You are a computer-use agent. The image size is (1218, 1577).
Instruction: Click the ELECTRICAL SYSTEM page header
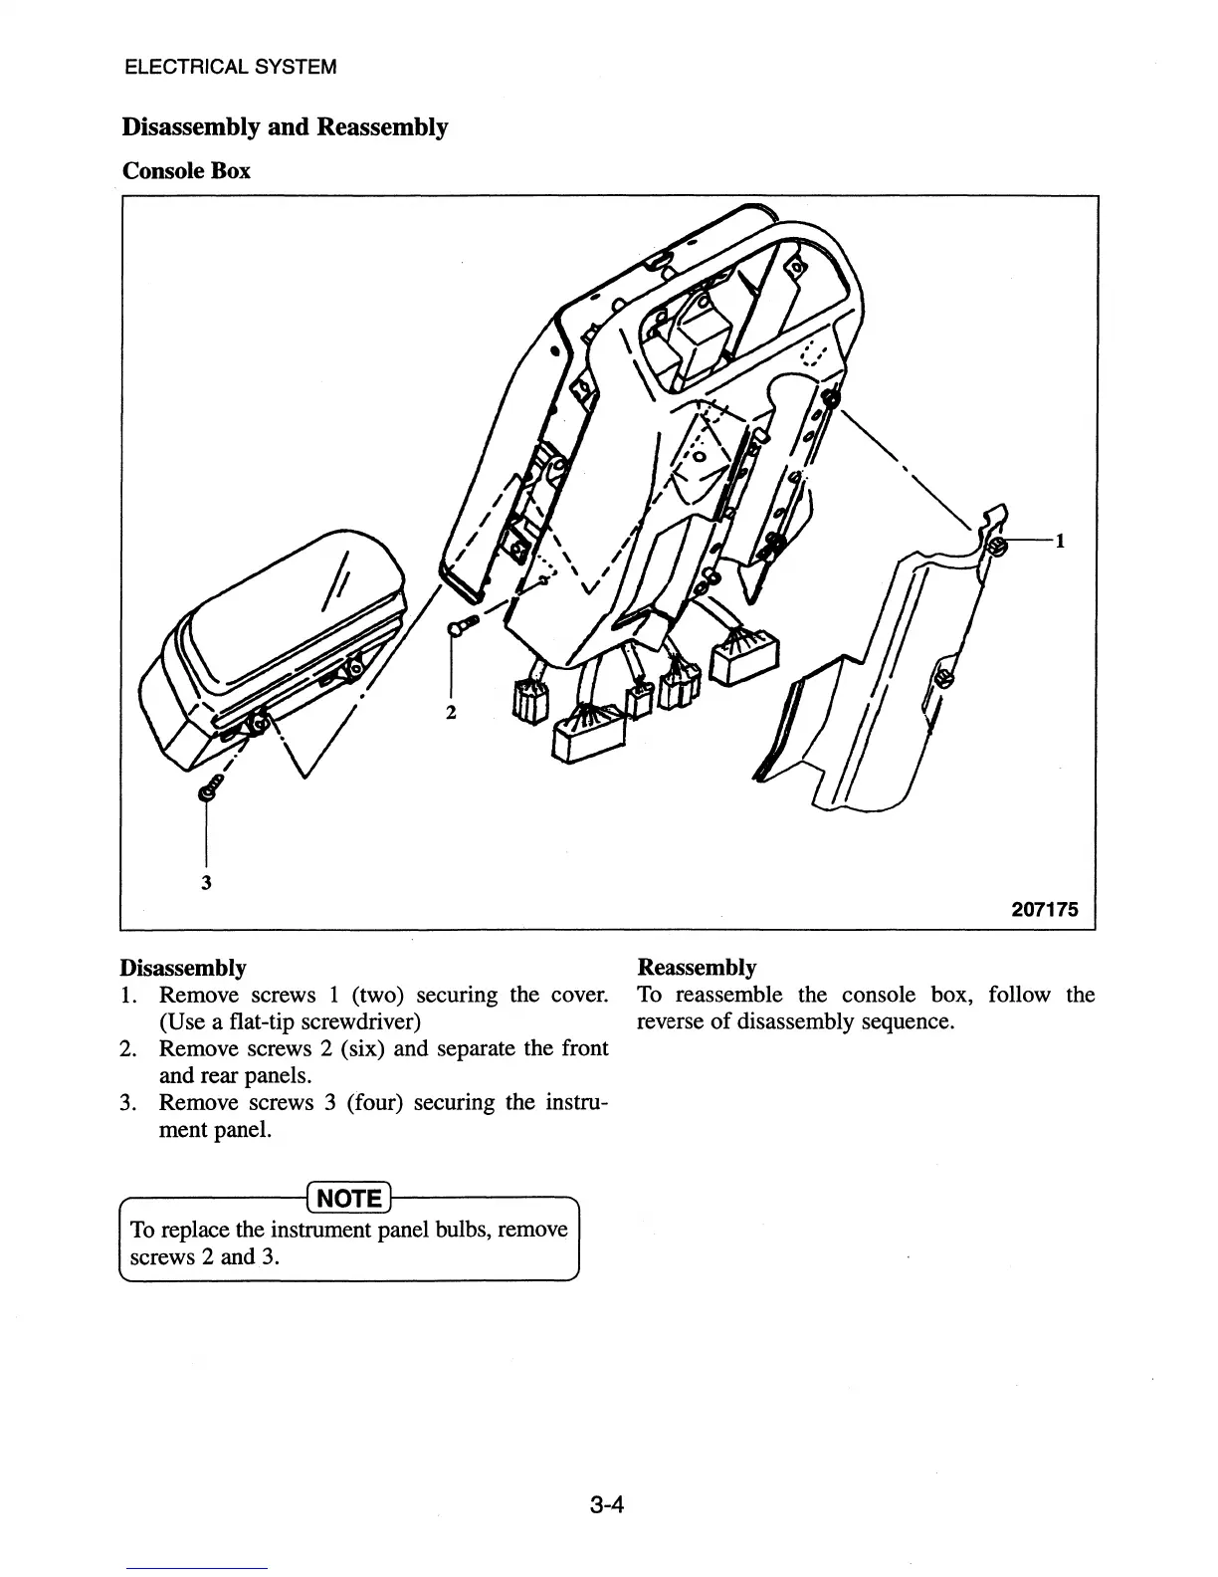231,68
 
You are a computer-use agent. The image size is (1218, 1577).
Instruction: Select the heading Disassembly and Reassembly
285,127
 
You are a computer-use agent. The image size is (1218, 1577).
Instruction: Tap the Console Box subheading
186,171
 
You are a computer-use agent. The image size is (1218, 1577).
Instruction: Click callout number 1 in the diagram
1061,542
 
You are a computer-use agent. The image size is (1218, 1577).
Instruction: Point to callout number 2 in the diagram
451,713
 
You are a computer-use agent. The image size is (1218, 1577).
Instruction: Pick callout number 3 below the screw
206,882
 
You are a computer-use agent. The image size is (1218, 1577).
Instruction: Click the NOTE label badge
349,1198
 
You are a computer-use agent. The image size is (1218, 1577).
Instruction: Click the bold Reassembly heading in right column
697,968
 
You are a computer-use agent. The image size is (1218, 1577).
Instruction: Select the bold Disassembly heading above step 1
183,968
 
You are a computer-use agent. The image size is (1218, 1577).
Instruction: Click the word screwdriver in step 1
360,1022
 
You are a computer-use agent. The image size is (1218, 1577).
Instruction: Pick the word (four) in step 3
374,1102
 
